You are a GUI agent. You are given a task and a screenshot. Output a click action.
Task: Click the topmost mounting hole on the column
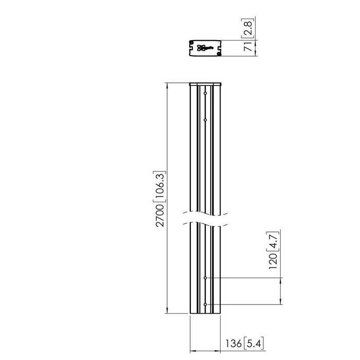[205, 94]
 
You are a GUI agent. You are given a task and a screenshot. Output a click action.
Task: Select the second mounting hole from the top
[205, 118]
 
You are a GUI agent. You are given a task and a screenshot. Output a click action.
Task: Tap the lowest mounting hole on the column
[205, 304]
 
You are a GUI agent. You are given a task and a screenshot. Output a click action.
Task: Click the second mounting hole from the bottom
[205, 278]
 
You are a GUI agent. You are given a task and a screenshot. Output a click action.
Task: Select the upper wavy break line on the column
[205, 211]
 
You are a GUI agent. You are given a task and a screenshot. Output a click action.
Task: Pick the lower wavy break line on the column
[205, 223]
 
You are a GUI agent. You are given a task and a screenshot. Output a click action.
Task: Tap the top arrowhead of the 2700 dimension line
[167, 85]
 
